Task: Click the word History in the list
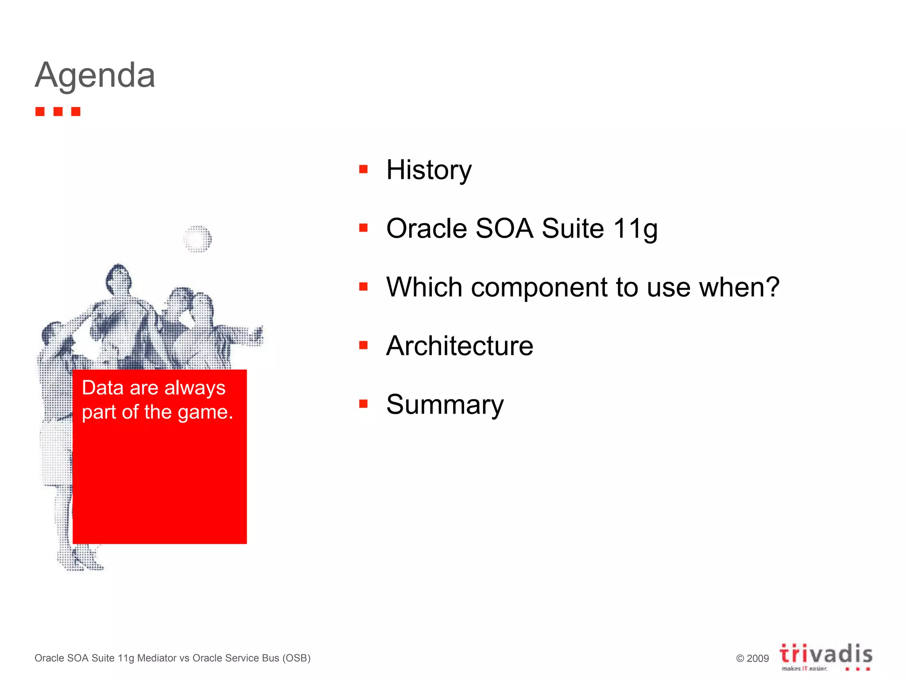(x=429, y=170)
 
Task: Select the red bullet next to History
(x=364, y=169)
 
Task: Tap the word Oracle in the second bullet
(x=426, y=228)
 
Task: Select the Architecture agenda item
(x=459, y=346)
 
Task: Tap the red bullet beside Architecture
(x=364, y=345)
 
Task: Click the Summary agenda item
(x=445, y=405)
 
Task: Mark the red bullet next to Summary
(x=364, y=403)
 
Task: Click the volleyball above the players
(x=198, y=239)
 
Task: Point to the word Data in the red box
(x=102, y=388)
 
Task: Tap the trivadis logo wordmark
(x=826, y=654)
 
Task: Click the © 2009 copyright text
(x=752, y=658)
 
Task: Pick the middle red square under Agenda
(x=58, y=112)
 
